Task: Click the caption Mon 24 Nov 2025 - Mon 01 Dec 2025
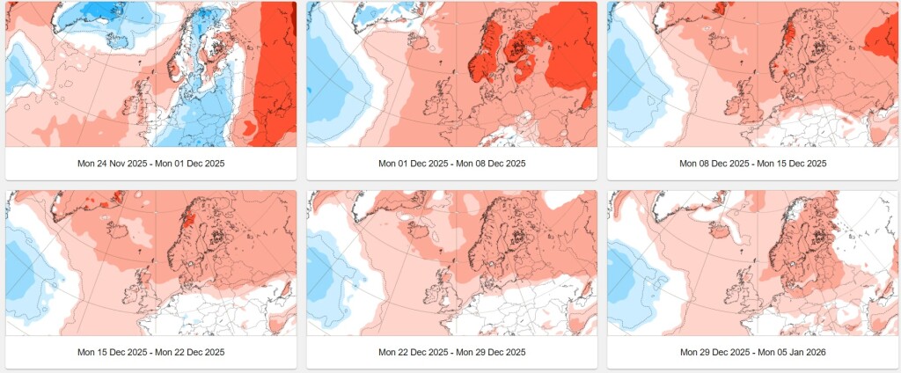pos(151,164)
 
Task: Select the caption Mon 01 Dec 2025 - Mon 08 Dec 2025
pos(451,164)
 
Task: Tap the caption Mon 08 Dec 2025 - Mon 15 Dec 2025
pos(753,164)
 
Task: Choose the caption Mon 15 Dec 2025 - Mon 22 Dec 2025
pos(151,352)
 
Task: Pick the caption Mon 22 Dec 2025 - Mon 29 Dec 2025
pos(451,352)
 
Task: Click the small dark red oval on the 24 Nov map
pos(248,127)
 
